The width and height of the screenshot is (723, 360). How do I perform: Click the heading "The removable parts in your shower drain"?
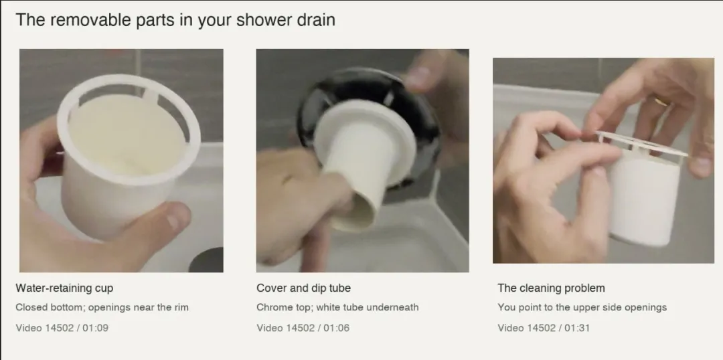click(x=175, y=20)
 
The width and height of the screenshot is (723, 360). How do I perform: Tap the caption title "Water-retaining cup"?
click(x=64, y=288)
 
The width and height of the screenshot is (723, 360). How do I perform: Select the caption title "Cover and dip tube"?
click(x=303, y=288)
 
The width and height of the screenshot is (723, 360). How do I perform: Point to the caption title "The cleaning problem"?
click(x=551, y=288)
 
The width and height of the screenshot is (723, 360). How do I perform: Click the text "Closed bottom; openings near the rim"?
click(x=102, y=307)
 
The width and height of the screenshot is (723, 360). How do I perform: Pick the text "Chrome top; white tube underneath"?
click(x=337, y=307)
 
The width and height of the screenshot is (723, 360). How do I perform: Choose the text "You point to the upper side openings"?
click(x=582, y=307)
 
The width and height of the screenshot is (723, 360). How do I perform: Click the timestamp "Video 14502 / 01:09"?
click(x=62, y=328)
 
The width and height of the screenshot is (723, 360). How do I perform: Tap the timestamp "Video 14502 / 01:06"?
click(x=303, y=328)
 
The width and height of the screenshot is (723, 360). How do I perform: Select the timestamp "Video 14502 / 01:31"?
click(x=544, y=328)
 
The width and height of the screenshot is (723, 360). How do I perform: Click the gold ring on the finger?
click(x=661, y=102)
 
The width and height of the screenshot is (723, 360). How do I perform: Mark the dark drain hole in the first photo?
click(x=207, y=260)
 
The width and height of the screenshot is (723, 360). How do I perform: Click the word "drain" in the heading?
click(x=316, y=20)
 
